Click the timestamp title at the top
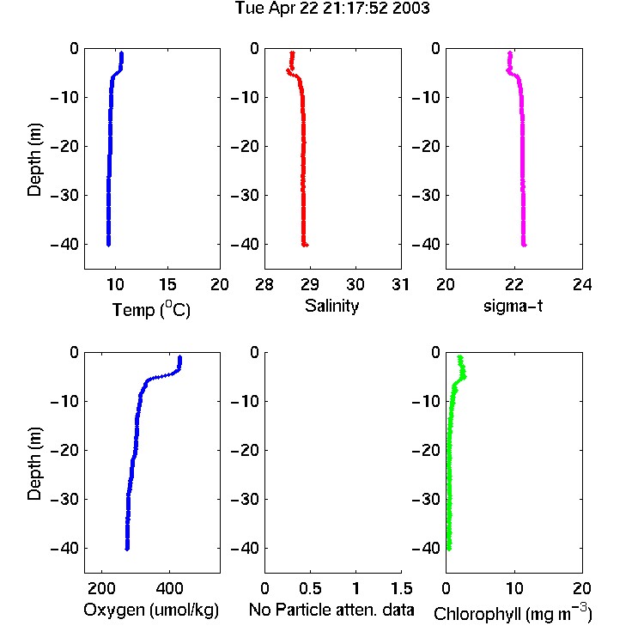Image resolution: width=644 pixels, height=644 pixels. (331, 9)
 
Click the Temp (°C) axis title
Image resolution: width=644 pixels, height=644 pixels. (151, 309)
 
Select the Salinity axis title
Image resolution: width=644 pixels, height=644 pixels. (331, 306)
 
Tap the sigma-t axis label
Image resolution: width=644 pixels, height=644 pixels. (513, 306)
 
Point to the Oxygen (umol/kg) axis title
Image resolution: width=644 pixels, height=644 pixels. (151, 611)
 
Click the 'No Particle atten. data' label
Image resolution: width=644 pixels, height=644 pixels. (331, 610)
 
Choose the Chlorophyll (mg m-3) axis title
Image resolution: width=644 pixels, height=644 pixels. (513, 613)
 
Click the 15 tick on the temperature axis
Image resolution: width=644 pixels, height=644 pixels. (167, 284)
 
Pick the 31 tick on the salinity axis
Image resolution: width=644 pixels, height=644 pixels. (400, 284)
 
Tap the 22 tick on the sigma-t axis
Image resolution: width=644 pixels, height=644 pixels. (513, 284)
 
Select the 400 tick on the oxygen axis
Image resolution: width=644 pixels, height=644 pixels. (169, 588)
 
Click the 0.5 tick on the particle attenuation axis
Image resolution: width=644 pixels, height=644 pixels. (310, 588)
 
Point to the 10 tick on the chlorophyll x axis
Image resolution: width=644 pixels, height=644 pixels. (513, 588)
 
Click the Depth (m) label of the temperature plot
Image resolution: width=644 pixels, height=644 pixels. (35, 160)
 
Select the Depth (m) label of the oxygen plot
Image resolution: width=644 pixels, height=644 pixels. (35, 464)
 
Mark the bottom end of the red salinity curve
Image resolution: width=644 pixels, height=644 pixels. (304, 246)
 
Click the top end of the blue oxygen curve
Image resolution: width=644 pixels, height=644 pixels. (179, 357)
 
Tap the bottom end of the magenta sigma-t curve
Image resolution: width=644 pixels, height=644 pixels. (524, 246)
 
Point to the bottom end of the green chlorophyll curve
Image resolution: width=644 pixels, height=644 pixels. (449, 549)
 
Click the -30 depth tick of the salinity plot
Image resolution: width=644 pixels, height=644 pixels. (246, 195)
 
